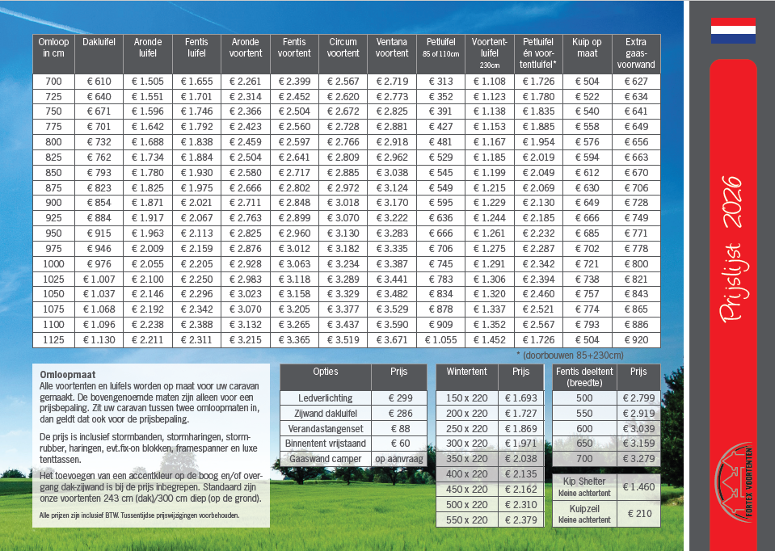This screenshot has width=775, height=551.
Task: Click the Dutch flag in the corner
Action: [x=733, y=30]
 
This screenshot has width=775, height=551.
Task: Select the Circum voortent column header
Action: [x=343, y=48]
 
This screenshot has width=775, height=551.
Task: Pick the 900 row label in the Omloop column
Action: [x=53, y=202]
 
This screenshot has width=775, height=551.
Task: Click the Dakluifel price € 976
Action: [x=99, y=263]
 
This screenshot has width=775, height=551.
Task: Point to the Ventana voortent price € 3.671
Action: [x=392, y=340]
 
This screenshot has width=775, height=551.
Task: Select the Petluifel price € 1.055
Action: [x=440, y=340]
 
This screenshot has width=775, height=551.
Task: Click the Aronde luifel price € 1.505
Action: [x=148, y=82]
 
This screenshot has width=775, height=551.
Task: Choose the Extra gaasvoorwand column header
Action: [x=636, y=53]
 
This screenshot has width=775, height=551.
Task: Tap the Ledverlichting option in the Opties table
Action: [x=325, y=397]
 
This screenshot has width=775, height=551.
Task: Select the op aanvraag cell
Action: [x=399, y=459]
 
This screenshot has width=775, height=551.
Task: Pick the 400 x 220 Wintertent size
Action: [x=466, y=474]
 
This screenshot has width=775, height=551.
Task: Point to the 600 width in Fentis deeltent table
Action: [x=584, y=428]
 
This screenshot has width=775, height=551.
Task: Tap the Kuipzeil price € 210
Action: [x=638, y=514]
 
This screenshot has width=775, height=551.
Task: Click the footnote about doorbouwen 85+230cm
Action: [x=569, y=355]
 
